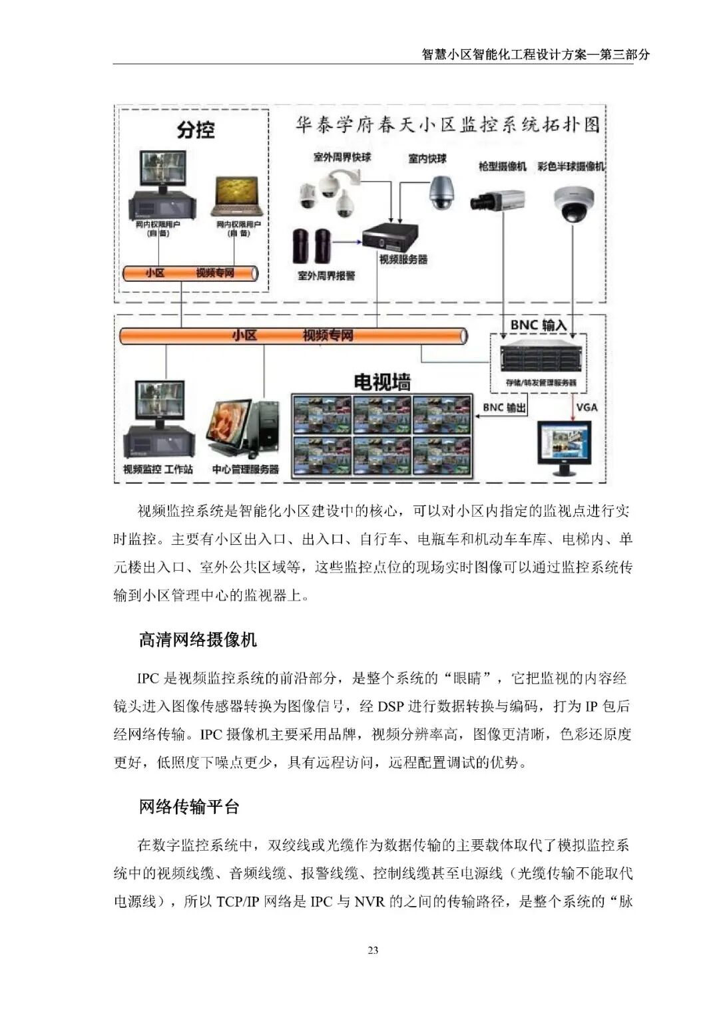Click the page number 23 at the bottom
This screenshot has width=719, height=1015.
pyautogui.click(x=373, y=950)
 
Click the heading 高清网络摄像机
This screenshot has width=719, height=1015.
pyautogui.click(x=198, y=640)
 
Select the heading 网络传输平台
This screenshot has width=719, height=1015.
pyautogui.click(x=189, y=807)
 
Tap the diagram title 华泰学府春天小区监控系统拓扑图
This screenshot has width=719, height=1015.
pyautogui.click(x=447, y=125)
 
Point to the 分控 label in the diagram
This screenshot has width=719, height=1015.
pyautogui.click(x=196, y=129)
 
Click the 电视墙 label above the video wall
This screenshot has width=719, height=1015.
pyautogui.click(x=381, y=382)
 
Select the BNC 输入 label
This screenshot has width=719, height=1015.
pyautogui.click(x=538, y=325)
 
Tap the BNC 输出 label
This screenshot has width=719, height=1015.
pyautogui.click(x=504, y=407)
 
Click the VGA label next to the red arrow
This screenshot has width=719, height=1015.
pyautogui.click(x=587, y=407)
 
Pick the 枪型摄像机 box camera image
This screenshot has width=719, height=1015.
pyautogui.click(x=497, y=200)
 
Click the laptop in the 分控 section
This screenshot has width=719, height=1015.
pyautogui.click(x=237, y=196)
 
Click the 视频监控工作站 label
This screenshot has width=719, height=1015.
pyautogui.click(x=158, y=469)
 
